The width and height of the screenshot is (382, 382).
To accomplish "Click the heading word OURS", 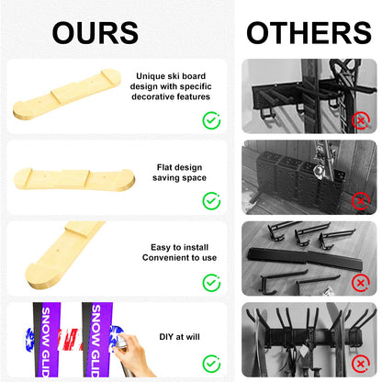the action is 95,33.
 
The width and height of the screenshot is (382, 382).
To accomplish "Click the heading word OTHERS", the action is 309,33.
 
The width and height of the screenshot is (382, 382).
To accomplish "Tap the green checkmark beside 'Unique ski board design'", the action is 211,120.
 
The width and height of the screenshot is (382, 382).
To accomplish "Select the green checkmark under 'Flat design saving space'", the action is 211,201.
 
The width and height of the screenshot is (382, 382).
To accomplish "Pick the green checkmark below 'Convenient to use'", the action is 211,283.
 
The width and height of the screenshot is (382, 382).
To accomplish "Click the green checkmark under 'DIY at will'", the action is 211,364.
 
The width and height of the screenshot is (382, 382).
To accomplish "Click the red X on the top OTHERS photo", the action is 361,120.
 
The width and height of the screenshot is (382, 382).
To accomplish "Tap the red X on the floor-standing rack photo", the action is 361,201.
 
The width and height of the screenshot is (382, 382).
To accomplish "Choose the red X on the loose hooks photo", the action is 361,283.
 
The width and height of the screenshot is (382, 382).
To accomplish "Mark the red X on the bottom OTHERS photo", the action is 361,364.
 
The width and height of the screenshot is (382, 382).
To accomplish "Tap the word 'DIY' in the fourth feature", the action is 166,337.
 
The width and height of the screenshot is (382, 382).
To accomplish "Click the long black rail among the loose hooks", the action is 305,256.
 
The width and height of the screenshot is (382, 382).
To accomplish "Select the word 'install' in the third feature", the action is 196,247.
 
